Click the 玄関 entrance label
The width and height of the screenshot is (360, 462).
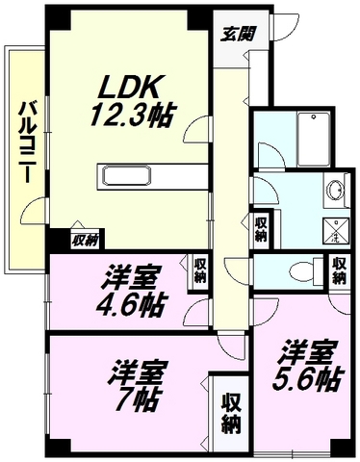238,34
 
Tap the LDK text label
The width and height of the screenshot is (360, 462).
129,88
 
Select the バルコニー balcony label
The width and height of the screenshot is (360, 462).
27,141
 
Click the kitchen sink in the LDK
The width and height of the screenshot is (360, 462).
126,176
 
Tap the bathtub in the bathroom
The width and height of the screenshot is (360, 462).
314,140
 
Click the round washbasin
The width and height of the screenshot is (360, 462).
336,191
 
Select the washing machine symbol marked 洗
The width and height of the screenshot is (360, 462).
336,231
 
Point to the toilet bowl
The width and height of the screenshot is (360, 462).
302,271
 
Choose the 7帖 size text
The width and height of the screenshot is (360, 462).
137,400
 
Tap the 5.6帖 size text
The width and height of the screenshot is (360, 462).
308,379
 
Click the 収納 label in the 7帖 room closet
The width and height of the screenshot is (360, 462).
231,416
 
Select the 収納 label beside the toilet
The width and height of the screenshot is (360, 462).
339,270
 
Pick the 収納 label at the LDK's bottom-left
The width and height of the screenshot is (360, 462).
85,240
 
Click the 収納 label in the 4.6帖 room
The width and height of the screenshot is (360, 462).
200,270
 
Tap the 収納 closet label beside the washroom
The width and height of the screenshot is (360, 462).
261,229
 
